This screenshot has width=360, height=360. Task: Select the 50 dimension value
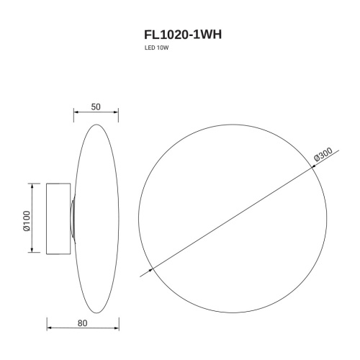[x=95, y=106]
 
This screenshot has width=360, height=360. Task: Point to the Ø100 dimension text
[x=25, y=219]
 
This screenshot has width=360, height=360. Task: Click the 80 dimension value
[x=82, y=323]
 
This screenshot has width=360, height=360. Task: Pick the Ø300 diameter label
[x=323, y=156]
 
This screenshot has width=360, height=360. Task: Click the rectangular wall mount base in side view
[x=58, y=218]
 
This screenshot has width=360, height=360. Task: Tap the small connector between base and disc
[x=72, y=218]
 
